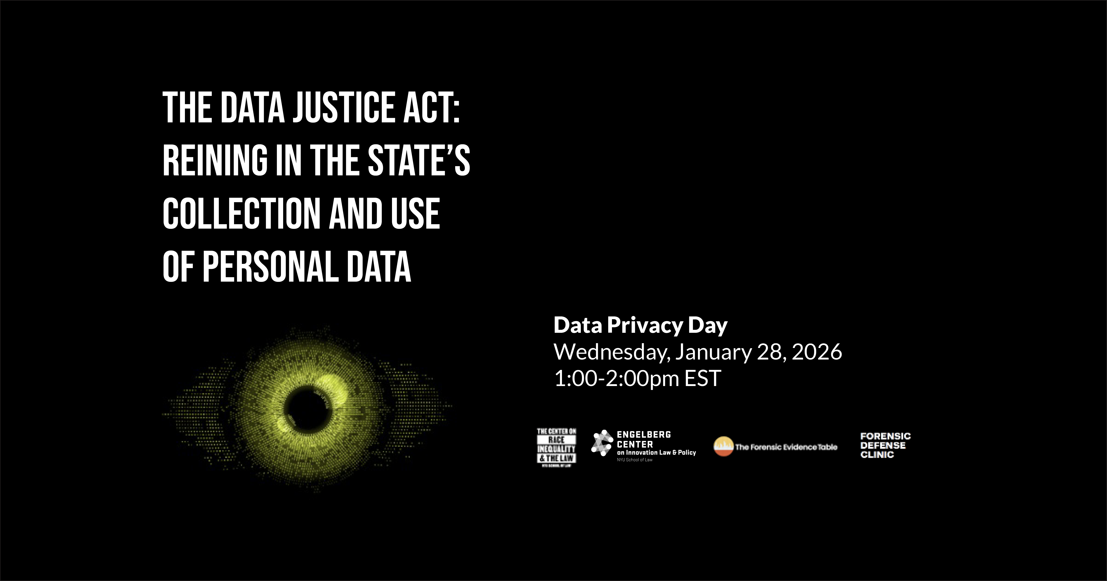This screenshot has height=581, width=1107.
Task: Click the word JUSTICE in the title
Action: (x=344, y=107)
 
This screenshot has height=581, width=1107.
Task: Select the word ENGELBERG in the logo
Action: (x=644, y=435)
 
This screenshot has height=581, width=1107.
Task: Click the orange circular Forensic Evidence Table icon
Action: (x=723, y=447)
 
